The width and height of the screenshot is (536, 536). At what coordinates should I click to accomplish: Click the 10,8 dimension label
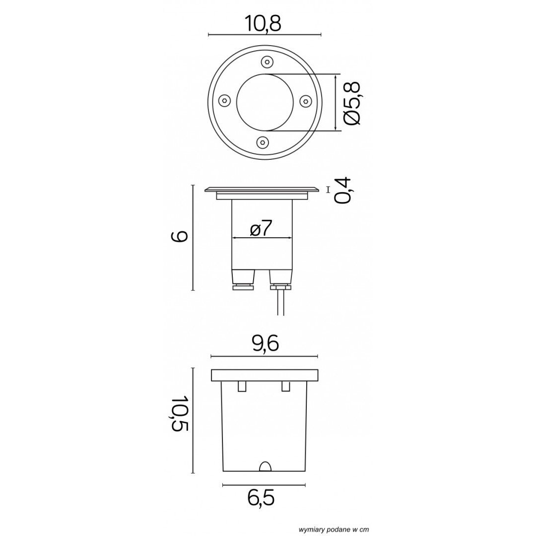coord(263,24)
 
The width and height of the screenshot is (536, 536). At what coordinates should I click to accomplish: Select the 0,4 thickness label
coord(343,191)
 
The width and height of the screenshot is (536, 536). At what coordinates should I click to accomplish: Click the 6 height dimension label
coord(179,236)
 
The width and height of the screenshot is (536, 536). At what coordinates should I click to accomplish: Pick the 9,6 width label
coord(265,343)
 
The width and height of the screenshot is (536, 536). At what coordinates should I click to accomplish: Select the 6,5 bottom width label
coord(261,498)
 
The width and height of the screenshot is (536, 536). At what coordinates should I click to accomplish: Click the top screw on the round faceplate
coord(267,62)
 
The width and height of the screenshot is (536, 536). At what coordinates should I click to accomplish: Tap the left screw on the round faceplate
coord(223,100)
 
